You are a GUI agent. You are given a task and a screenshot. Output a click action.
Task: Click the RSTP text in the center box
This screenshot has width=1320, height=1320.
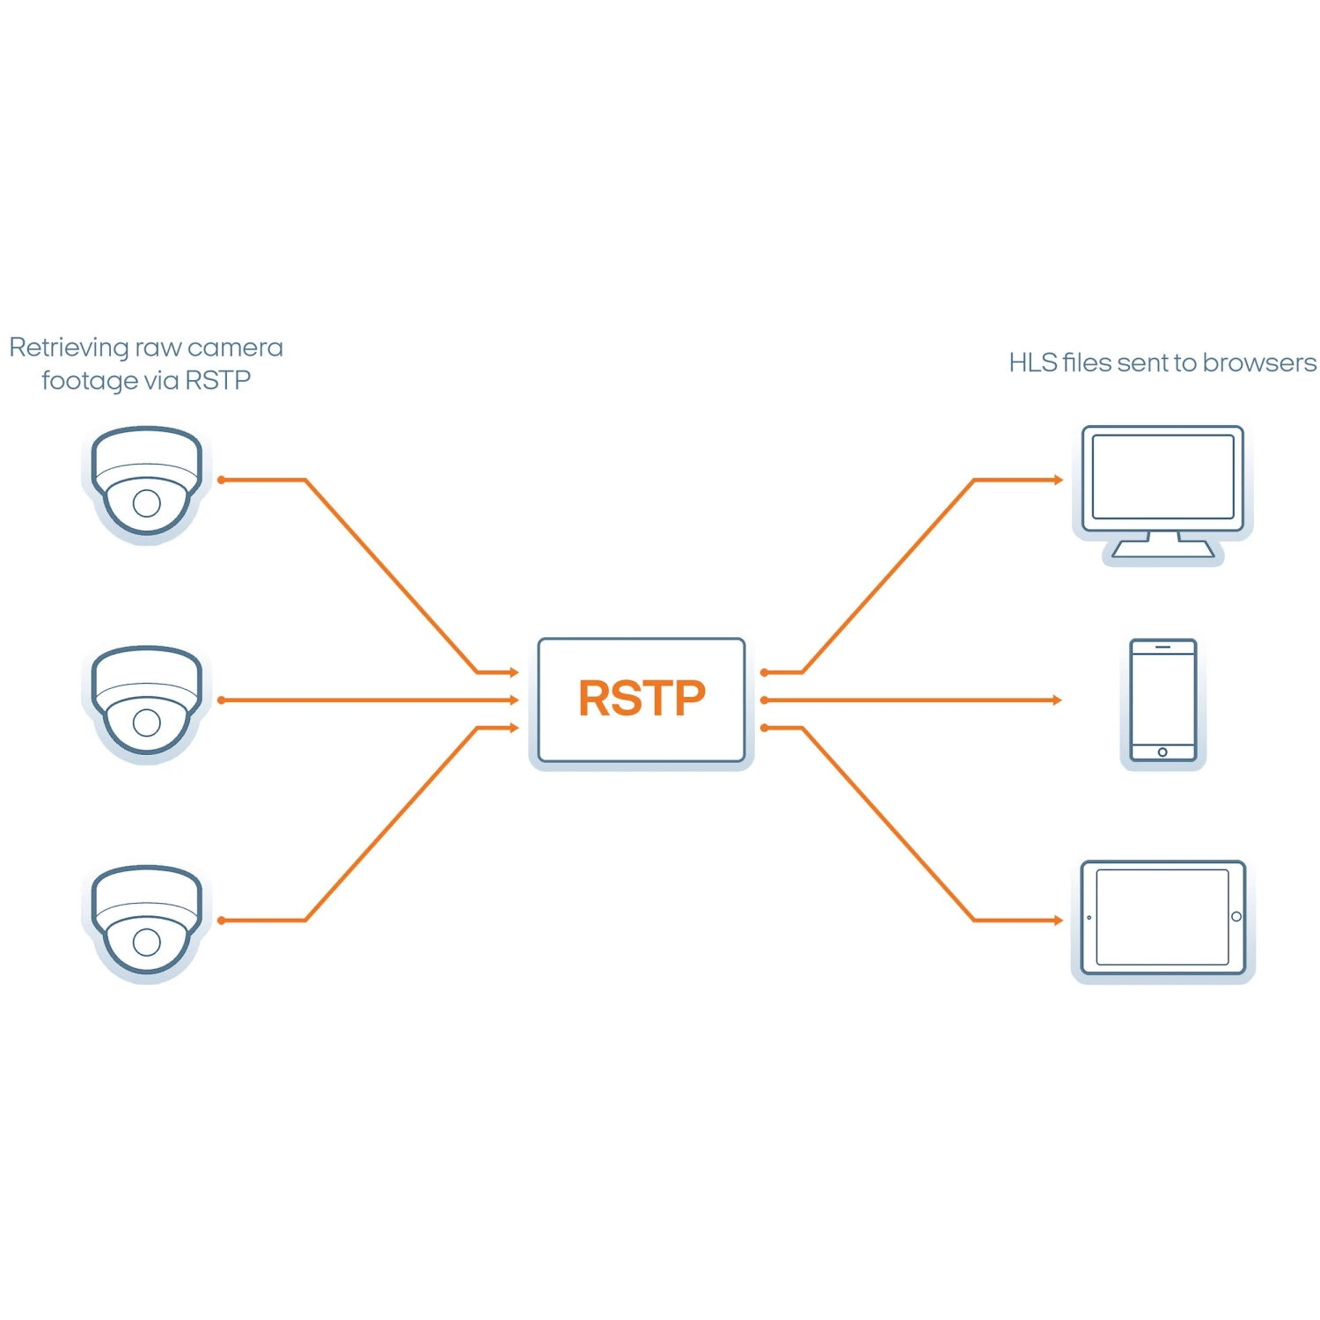(x=642, y=699)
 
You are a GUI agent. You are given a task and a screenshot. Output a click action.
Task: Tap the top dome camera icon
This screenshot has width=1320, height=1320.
(x=147, y=482)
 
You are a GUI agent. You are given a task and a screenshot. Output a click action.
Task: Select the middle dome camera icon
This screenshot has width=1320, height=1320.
(x=147, y=701)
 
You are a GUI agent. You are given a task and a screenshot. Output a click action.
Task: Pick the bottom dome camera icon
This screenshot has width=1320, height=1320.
(x=147, y=920)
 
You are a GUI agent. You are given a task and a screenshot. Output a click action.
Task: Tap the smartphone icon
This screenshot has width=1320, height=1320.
(x=1162, y=700)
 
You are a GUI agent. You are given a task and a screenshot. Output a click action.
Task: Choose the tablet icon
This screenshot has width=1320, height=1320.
(x=1162, y=918)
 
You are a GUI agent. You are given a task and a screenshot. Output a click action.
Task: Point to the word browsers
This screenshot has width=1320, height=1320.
(x=1259, y=363)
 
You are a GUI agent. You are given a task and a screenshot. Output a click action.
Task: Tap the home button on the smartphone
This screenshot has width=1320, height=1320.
(x=1162, y=752)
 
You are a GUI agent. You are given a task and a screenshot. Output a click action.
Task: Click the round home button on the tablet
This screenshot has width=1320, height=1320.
(x=1236, y=917)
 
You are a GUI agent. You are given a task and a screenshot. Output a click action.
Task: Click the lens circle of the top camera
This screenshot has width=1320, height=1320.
(x=147, y=503)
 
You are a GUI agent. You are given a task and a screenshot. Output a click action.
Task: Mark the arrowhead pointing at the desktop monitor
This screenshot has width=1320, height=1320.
(x=1059, y=480)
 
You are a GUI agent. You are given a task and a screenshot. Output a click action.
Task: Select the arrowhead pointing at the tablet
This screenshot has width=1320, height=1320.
(x=1059, y=920)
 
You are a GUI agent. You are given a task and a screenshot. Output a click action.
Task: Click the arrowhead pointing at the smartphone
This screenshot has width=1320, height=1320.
(x=1058, y=700)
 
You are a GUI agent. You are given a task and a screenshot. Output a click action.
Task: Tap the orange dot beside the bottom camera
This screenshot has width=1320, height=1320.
(x=221, y=920)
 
